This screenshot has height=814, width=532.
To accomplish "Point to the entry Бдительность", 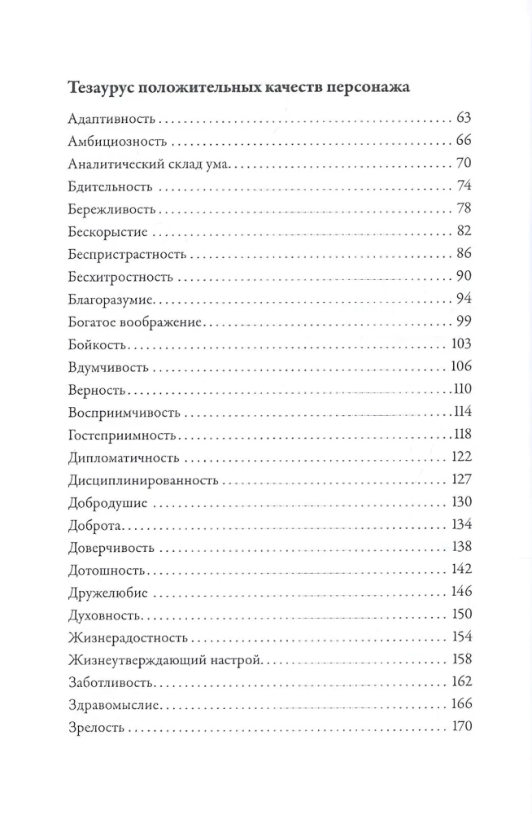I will pos(105,186).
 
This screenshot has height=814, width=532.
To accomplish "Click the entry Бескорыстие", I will pos(101,231).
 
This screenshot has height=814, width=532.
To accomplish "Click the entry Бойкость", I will pos(92,344).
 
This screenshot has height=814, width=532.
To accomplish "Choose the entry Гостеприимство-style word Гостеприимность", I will pos(117,433).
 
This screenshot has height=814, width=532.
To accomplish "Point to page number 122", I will pos(461,456).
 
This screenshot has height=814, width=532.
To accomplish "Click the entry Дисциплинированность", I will pos(137,479).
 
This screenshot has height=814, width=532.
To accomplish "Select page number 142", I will pos(461,568).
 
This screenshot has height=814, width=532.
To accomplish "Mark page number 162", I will pos(461,681).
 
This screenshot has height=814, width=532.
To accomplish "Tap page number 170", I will pos(461,726).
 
